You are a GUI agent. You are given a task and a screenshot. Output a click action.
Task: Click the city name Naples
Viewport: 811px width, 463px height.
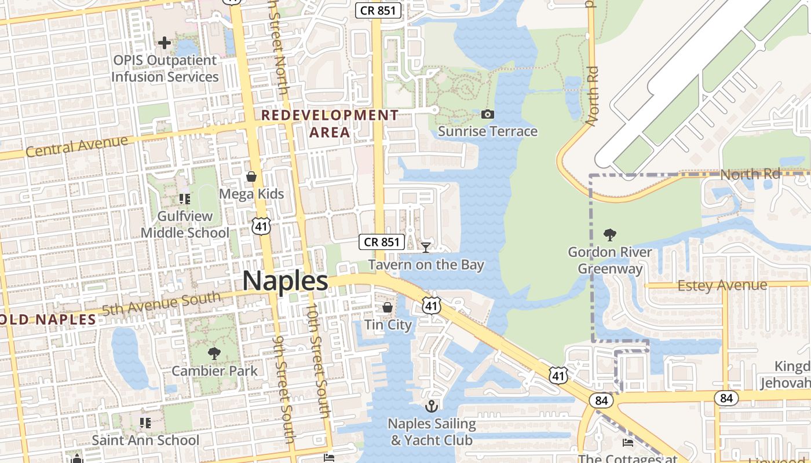(x=285, y=281)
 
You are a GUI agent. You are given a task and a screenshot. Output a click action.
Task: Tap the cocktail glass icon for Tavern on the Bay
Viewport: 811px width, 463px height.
(x=426, y=247)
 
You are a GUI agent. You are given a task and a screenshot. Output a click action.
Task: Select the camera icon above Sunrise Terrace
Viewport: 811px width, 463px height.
(x=488, y=114)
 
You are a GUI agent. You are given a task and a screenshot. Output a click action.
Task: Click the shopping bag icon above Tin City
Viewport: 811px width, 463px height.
(x=387, y=307)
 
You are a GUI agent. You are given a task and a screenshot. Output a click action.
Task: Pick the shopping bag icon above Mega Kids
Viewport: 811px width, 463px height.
(x=251, y=176)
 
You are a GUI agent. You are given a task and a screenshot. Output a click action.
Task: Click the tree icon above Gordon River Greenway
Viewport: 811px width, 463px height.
(x=609, y=234)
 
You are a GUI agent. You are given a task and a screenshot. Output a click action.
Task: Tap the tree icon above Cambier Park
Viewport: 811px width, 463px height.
(x=214, y=353)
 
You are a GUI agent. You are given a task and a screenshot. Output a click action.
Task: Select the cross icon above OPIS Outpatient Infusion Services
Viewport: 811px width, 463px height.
(x=165, y=42)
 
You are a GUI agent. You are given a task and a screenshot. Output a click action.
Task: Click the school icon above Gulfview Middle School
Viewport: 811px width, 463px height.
(x=185, y=199)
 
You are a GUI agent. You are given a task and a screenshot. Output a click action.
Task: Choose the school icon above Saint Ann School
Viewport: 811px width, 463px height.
(x=145, y=423)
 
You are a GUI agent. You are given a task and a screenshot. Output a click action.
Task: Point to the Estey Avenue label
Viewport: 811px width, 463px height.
(x=722, y=285)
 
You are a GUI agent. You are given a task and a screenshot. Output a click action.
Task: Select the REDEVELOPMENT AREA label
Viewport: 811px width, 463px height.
(x=330, y=123)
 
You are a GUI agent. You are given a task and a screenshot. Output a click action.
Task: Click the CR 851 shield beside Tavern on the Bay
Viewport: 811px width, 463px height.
(x=381, y=242)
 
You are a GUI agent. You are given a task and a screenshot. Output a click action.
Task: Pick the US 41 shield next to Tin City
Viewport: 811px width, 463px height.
(x=431, y=305)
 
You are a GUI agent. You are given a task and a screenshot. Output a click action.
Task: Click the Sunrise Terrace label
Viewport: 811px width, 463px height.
(x=488, y=131)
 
